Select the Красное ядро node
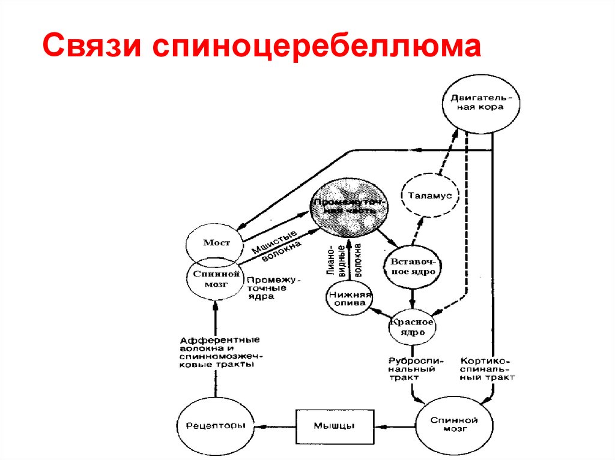411,326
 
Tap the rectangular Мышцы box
335,426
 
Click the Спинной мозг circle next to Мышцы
453,425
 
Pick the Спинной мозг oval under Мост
213,278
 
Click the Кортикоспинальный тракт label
487,369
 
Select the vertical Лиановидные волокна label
344,260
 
